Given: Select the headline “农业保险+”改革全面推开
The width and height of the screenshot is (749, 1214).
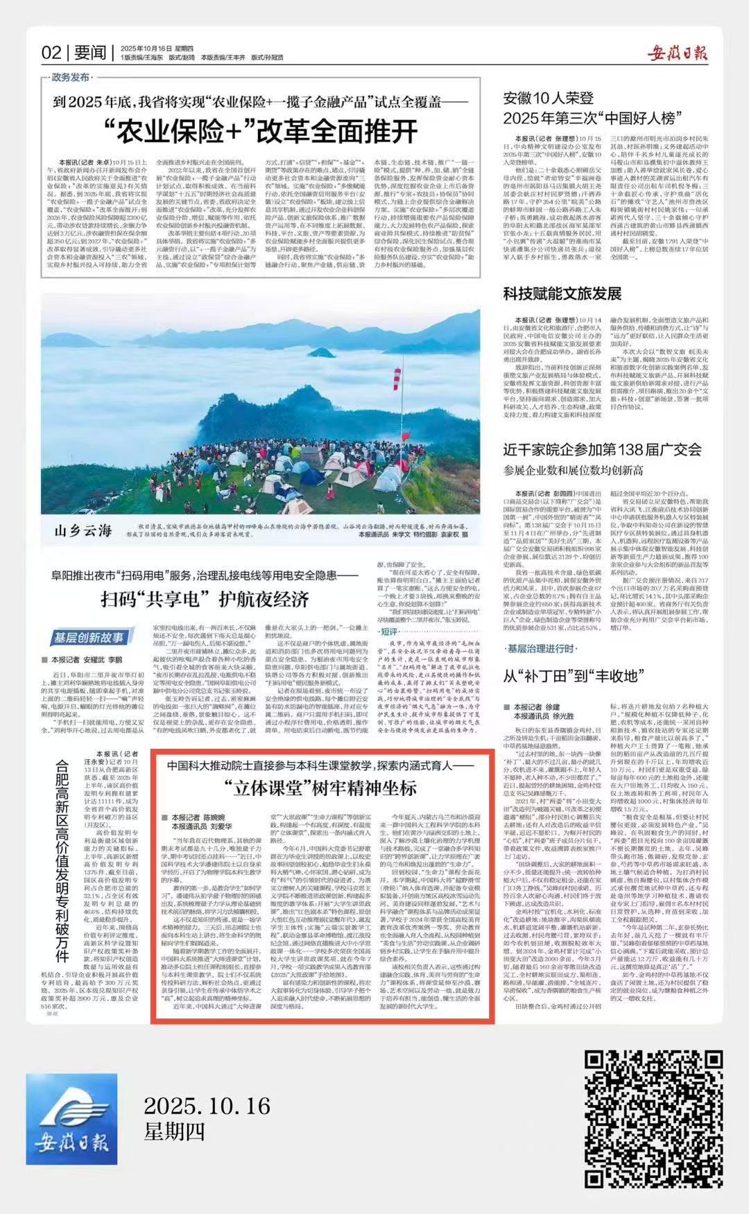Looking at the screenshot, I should [261, 130].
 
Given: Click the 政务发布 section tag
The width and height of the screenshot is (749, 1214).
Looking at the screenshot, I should [69, 77].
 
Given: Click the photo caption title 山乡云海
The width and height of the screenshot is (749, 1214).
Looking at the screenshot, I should [83, 531].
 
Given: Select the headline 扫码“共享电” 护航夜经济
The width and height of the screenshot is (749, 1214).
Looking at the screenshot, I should [205, 598].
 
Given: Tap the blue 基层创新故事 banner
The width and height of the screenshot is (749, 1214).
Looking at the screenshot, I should [90, 638].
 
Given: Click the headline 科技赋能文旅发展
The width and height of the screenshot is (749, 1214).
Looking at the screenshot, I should [562, 293].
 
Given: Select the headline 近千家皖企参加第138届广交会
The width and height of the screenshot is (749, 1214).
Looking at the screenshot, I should [602, 449].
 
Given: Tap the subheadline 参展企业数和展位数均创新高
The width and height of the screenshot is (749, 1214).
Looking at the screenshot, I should [574, 471].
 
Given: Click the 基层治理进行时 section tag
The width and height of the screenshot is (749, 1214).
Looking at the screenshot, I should [540, 648].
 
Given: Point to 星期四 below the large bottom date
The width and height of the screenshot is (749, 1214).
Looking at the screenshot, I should [174, 1132].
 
